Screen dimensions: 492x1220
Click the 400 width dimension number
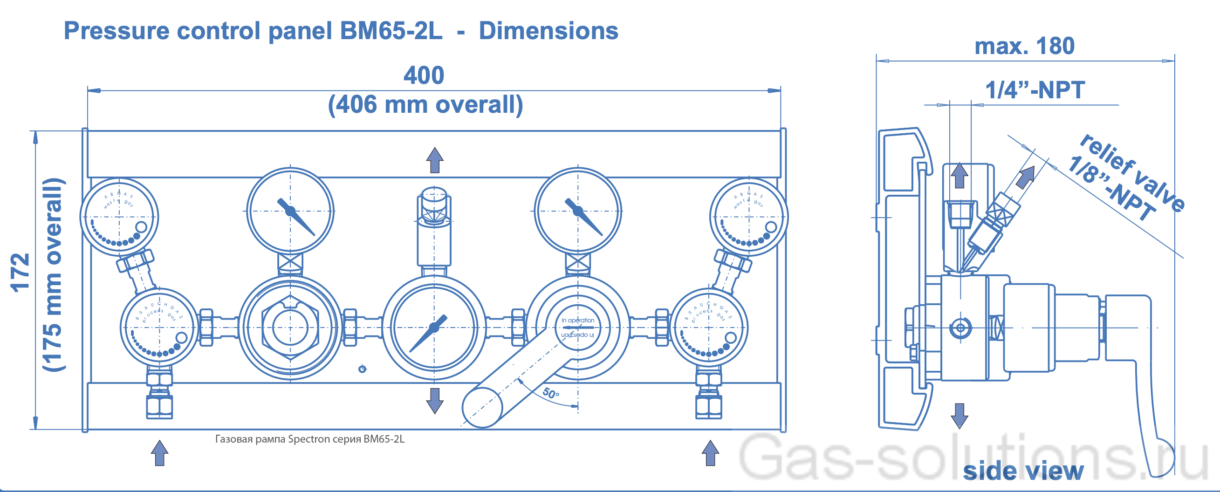(x=424, y=76)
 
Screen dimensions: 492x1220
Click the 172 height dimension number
(x=21, y=272)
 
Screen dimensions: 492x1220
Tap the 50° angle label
(x=551, y=393)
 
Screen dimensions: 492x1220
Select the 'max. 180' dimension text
(x=1024, y=47)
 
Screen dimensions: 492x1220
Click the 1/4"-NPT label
(x=1035, y=90)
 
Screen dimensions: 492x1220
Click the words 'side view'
(x=1023, y=471)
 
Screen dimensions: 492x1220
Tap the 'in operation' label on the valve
(x=577, y=321)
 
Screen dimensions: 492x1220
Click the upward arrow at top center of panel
(x=434, y=160)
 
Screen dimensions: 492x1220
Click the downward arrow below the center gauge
(x=434, y=401)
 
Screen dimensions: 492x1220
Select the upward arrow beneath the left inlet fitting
(x=159, y=453)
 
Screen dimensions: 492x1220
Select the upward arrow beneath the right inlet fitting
(x=710, y=453)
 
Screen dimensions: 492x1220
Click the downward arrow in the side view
(x=959, y=416)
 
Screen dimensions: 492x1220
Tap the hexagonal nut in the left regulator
(x=290, y=327)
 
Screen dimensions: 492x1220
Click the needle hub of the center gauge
(x=434, y=327)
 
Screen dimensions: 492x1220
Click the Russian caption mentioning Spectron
(x=310, y=439)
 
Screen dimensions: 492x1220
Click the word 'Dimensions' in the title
(x=548, y=31)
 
